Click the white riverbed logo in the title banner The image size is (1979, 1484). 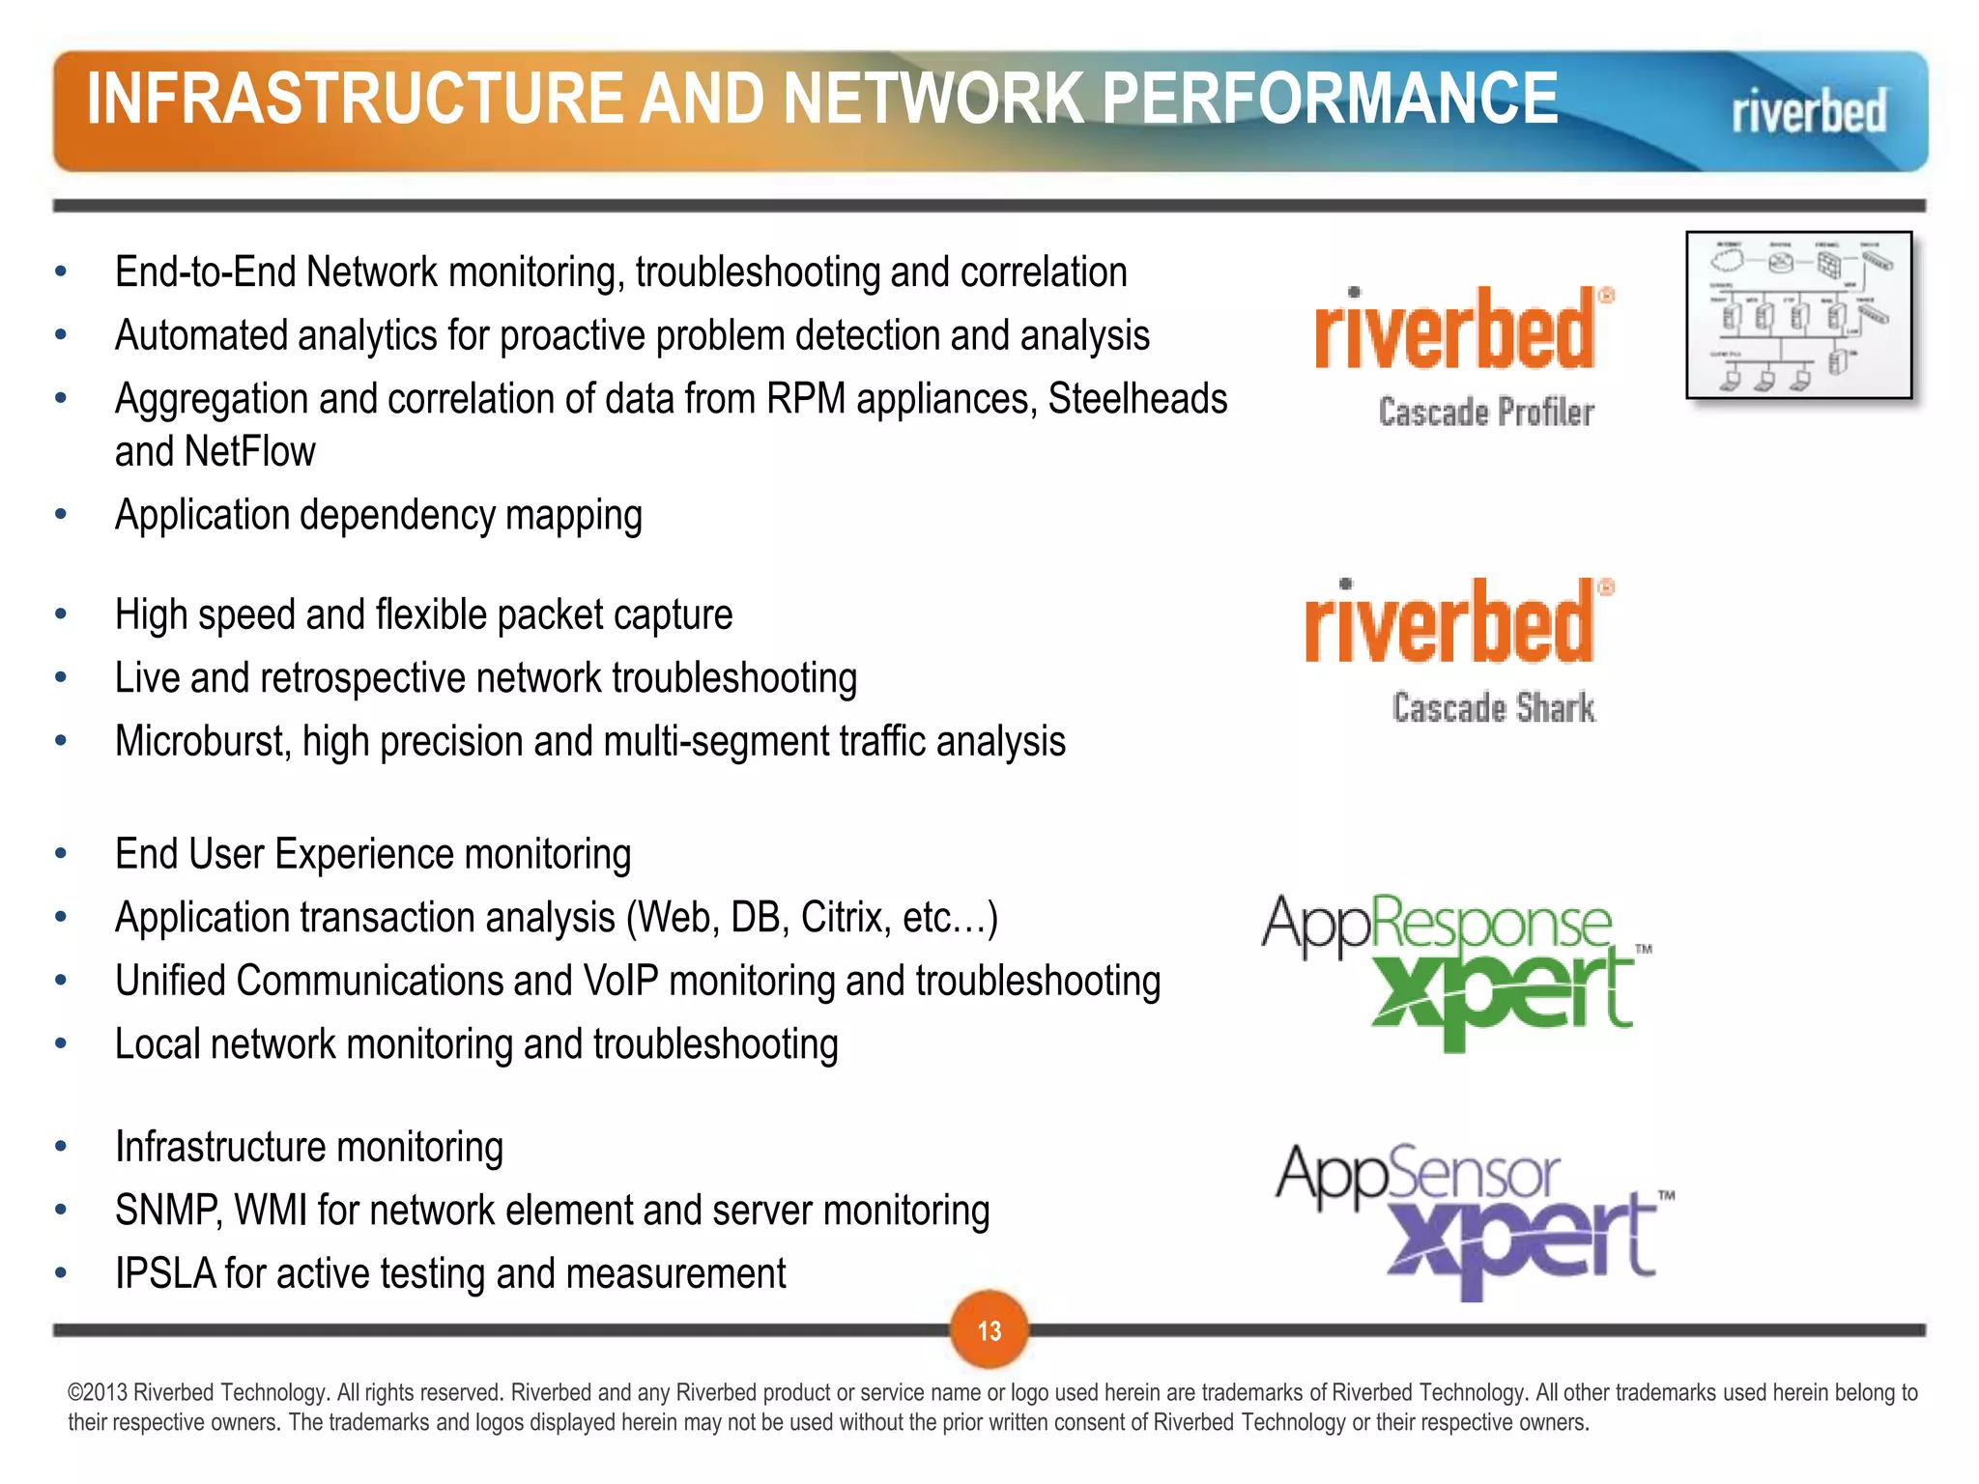click(x=1808, y=111)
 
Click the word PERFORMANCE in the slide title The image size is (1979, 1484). click(x=1330, y=99)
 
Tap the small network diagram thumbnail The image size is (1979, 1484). click(x=1799, y=315)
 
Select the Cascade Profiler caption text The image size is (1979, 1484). click(x=1485, y=413)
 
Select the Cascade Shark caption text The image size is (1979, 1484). click(x=1493, y=708)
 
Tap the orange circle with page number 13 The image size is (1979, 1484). click(x=989, y=1330)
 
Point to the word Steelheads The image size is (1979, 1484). click(x=1137, y=399)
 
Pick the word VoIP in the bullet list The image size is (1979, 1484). click(x=620, y=982)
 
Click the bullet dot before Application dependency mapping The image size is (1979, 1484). click(x=61, y=515)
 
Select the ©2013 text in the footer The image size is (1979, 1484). click(x=98, y=1393)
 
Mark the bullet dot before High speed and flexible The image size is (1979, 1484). click(x=61, y=614)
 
